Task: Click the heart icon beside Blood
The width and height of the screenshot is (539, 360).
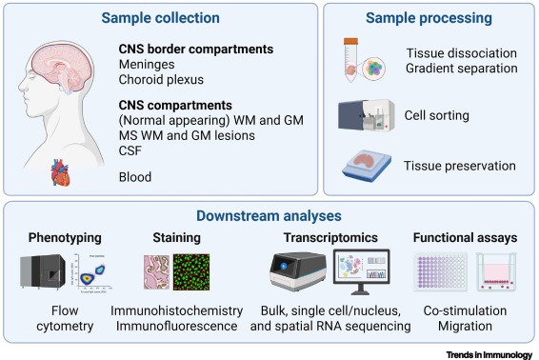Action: [62, 172]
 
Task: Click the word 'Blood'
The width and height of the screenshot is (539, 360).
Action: [136, 177]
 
